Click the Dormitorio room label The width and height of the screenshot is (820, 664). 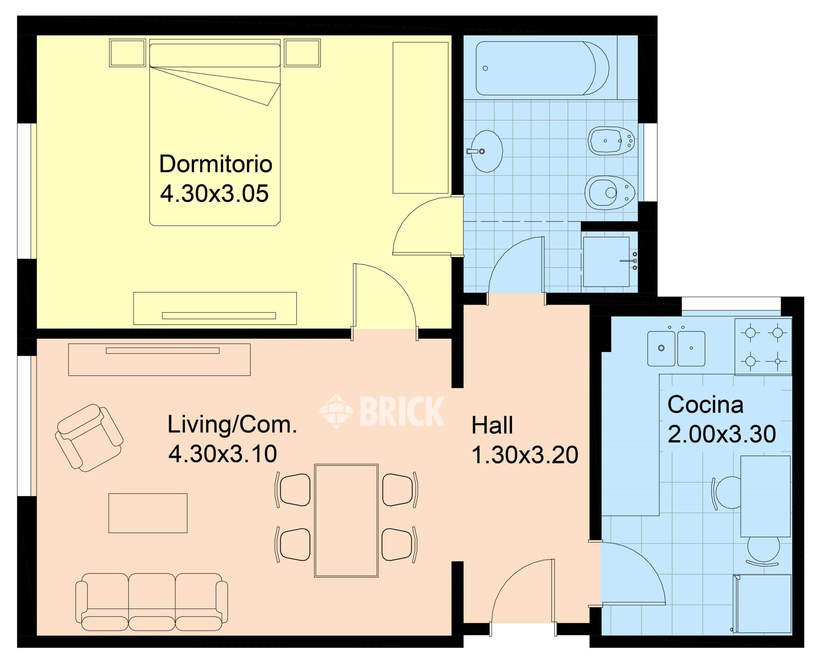(215, 164)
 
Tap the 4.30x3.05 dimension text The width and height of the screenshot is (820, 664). (214, 194)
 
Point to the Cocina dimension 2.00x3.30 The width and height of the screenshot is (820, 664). (722, 434)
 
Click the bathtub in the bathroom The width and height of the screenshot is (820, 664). (542, 68)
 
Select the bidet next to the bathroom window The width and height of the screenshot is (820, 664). (611, 141)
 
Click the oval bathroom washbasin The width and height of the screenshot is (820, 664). (486, 151)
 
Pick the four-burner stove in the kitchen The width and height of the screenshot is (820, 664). (763, 347)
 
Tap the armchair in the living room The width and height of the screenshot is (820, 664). (89, 438)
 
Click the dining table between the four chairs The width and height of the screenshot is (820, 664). (346, 520)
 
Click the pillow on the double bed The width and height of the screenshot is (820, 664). (215, 55)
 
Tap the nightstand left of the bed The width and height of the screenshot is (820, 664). (127, 53)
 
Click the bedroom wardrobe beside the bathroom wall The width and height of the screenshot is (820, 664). (420, 118)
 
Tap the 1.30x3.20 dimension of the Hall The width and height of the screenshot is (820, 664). (525, 455)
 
